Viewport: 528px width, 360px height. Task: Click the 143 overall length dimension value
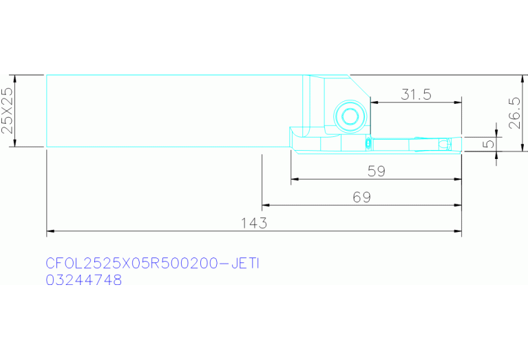[x=254, y=223]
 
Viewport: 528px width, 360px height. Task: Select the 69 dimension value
[x=361, y=198]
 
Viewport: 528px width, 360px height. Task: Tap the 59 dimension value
[x=376, y=171]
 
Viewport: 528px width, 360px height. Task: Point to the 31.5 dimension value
[x=416, y=94]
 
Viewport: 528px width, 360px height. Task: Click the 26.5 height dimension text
[x=515, y=113]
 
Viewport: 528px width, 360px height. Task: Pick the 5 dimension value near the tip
[x=488, y=144]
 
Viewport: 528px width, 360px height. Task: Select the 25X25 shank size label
[x=7, y=111]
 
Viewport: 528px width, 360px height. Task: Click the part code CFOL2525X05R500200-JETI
[x=153, y=264]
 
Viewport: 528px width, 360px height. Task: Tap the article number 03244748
[x=84, y=280]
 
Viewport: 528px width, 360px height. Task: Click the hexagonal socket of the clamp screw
[x=350, y=116]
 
